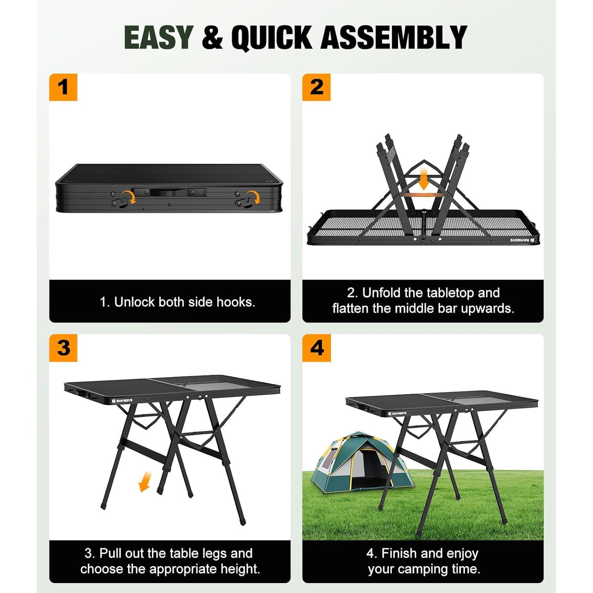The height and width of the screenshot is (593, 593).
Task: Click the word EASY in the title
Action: click(158, 37)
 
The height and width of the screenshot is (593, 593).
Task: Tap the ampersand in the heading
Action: click(212, 37)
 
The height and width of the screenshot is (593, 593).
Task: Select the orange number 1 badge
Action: click(63, 87)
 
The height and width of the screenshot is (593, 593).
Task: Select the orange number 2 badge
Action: click(316, 87)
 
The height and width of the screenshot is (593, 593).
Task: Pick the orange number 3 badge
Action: click(63, 348)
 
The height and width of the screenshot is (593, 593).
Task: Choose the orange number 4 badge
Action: click(316, 348)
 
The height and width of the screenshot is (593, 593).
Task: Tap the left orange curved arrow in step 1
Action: click(128, 196)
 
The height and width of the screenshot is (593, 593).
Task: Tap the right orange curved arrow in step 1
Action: click(253, 196)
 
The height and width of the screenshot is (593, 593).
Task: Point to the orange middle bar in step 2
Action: click(423, 195)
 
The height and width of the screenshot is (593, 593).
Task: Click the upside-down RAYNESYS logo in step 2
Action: click(521, 240)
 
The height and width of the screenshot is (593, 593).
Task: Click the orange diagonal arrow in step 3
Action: click(145, 481)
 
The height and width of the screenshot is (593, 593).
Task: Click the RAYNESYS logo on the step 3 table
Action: click(123, 400)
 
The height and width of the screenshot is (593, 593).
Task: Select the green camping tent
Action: click(358, 463)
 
